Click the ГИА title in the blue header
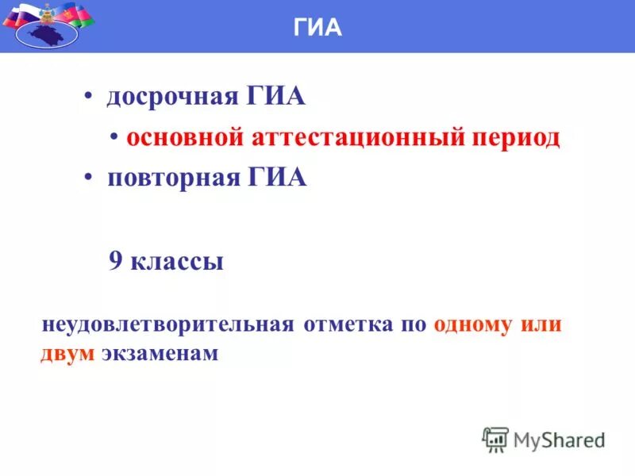(317, 28)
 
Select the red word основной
(183, 137)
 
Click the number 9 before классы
(115, 262)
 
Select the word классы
(177, 262)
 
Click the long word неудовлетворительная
(167, 325)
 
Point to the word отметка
(345, 325)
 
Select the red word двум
(67, 353)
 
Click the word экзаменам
(160, 353)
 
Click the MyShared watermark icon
(495, 440)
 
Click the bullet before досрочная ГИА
(88, 98)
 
